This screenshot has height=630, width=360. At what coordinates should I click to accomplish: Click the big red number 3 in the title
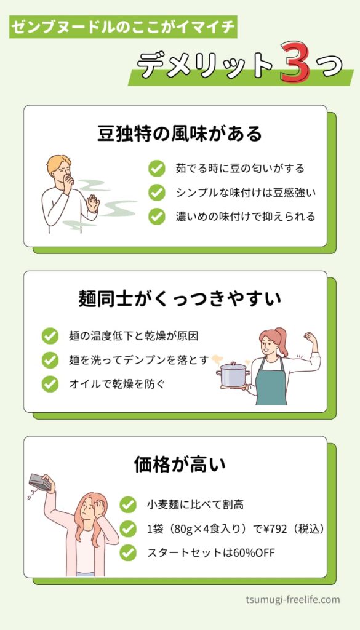tap(295, 63)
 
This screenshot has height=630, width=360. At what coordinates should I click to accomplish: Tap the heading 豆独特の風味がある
tap(180, 134)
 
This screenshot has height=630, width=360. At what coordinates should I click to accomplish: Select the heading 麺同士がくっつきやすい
tap(180, 300)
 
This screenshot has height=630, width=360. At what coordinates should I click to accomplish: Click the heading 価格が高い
tap(180, 465)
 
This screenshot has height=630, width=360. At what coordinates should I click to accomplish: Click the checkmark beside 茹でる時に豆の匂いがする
tap(157, 169)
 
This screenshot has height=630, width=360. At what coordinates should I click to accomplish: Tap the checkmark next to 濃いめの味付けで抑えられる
tap(157, 217)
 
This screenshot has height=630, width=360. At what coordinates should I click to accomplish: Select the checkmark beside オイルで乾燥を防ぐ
tap(50, 384)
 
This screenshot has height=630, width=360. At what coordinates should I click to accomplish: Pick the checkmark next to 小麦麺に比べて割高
tap(128, 504)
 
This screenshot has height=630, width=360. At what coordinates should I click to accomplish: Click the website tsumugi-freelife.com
tap(292, 600)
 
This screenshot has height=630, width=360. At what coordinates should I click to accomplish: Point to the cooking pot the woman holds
tap(233, 373)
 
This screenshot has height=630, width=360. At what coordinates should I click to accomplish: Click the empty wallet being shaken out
tap(40, 482)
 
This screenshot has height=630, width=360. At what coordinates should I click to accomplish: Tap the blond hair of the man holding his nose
tap(58, 164)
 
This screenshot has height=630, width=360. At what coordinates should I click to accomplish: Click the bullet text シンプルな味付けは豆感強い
tap(246, 193)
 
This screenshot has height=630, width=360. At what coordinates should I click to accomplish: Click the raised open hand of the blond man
tap(93, 203)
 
